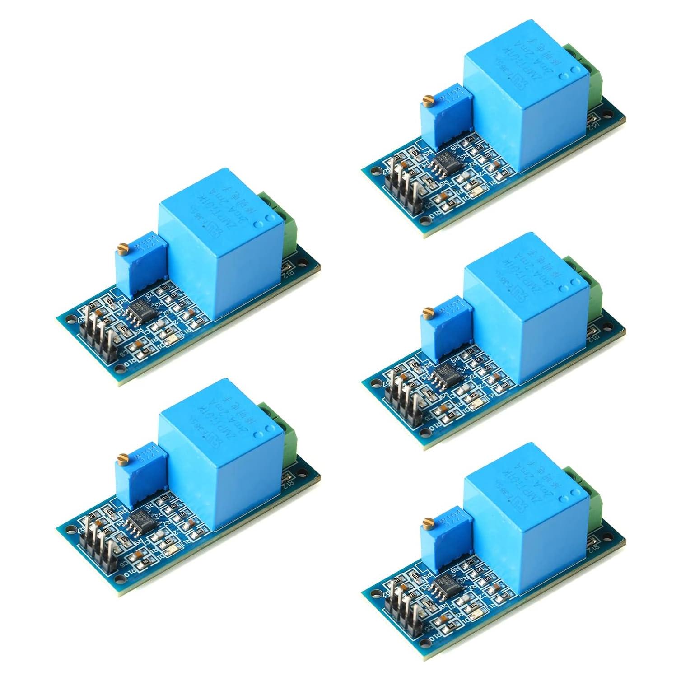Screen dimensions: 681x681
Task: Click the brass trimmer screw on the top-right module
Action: tap(426, 98)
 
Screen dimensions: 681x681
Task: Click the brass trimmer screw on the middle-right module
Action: tap(426, 311)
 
